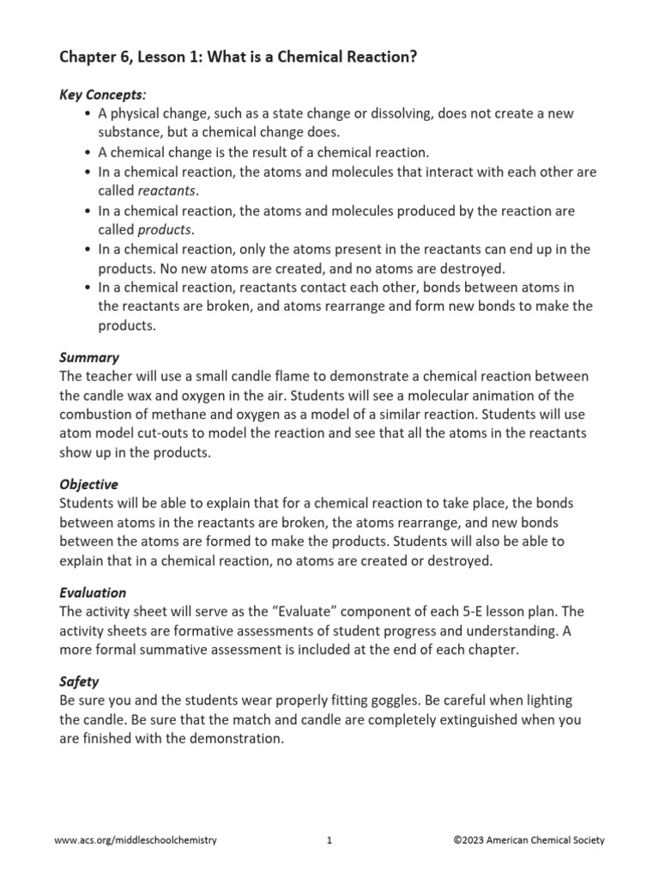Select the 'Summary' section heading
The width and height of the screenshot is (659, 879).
pyautogui.click(x=89, y=357)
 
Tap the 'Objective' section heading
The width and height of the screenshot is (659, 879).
pyautogui.click(x=89, y=484)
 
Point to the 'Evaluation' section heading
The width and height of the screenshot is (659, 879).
pyautogui.click(x=93, y=592)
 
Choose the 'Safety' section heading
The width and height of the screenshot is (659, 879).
pyautogui.click(x=79, y=682)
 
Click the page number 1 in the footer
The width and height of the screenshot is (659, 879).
pyautogui.click(x=329, y=840)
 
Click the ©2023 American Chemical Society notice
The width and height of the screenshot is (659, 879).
pyautogui.click(x=529, y=840)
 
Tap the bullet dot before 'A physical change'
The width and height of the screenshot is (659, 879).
pyautogui.click(x=89, y=114)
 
